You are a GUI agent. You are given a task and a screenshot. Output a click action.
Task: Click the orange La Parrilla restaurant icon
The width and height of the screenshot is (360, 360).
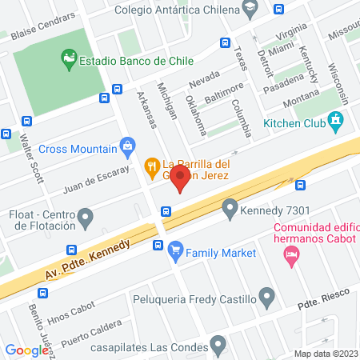150,166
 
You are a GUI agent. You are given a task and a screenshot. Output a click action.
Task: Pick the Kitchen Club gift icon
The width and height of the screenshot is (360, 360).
336,122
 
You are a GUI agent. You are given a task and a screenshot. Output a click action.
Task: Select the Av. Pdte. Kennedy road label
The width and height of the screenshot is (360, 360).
87,262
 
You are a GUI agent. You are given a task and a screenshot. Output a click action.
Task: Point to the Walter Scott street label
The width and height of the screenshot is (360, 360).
33,159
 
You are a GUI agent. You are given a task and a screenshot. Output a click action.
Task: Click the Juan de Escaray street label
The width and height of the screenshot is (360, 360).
95,180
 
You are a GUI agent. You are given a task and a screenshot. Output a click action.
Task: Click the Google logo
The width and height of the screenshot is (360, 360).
26,350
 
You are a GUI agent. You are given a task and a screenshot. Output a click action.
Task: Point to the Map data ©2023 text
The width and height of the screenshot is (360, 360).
325,354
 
